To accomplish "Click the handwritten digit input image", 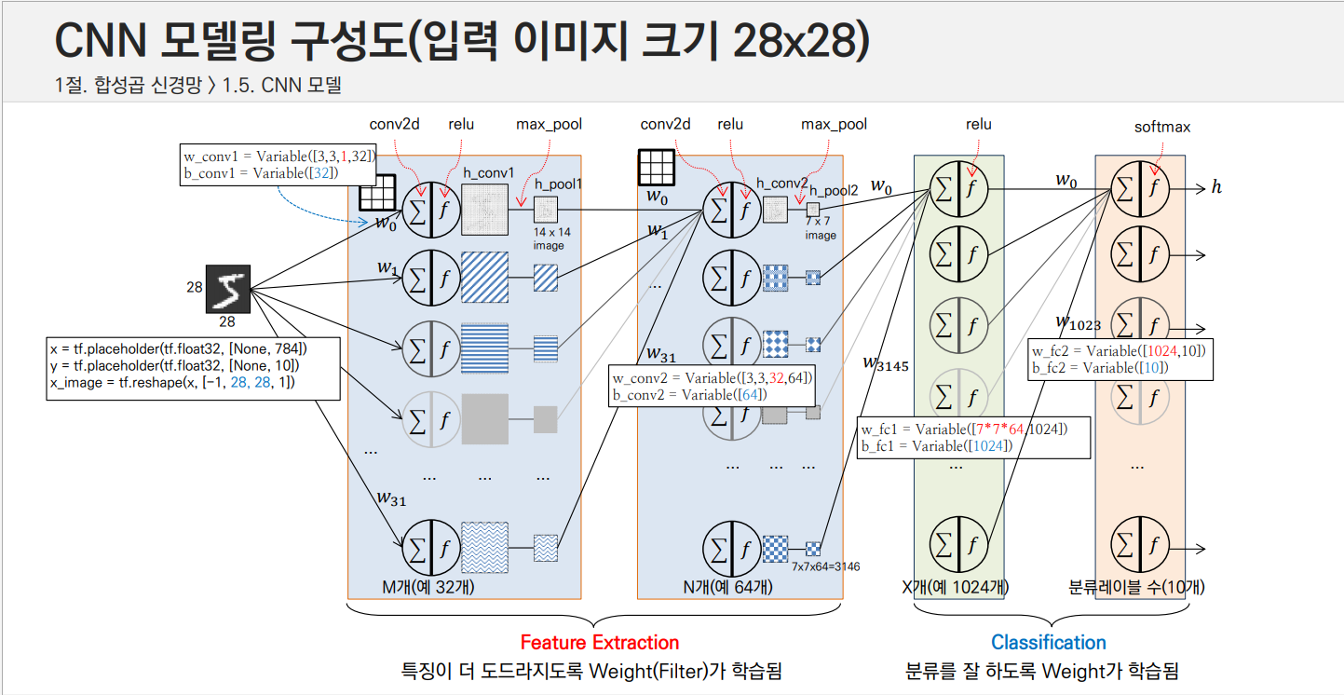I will click(227, 288).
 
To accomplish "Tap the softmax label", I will click(1161, 127).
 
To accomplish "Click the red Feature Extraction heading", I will click(599, 642).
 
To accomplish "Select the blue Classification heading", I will click(1048, 642).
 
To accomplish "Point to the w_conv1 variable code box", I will click(278, 164).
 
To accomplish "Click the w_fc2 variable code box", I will click(1120, 359).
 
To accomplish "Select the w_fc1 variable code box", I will click(973, 437).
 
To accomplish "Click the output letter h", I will click(1215, 188).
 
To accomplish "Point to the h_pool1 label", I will click(557, 184).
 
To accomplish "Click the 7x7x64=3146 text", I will click(825, 566).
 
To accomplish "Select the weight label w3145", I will click(885, 363).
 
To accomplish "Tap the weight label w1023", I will click(1078, 322).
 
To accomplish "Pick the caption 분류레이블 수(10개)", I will click(1137, 587).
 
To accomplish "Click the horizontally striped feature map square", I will click(485, 348).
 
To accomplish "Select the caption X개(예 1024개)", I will click(956, 587).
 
